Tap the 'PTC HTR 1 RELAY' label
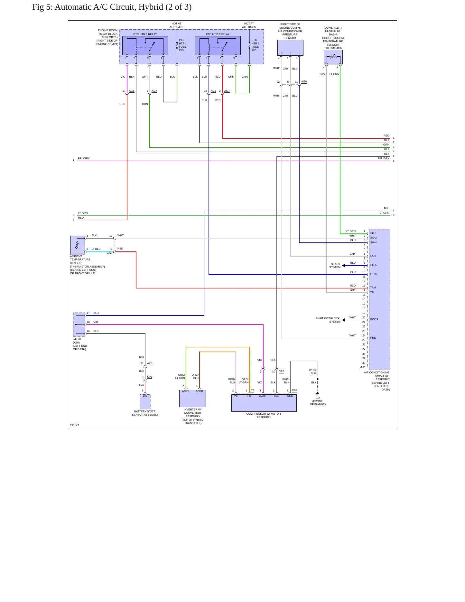pyautogui.click(x=145, y=34)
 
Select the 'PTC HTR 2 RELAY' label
pyautogui.click(x=218, y=34)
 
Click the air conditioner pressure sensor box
pyautogui.click(x=290, y=48)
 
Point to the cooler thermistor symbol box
pyautogui.click(x=333, y=57)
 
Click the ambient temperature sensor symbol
pyautogui.click(x=78, y=245)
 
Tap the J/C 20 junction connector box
pyautogui.click(x=79, y=325)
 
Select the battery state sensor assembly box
pyautogui.click(x=145, y=402)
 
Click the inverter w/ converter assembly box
pyautogui.click(x=192, y=399)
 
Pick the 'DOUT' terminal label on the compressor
pyautogui.click(x=263, y=396)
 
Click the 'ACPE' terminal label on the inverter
pyautogui.click(x=186, y=391)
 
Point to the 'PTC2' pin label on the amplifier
pyautogui.click(x=374, y=274)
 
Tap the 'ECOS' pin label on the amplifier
pyautogui.click(x=374, y=320)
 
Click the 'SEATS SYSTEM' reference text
pyautogui.click(x=335, y=266)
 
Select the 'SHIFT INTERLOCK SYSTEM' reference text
pyautogui.click(x=328, y=320)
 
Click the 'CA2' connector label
pyautogui.click(x=281, y=372)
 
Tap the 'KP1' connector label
pyautogui.click(x=150, y=377)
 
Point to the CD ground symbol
pyautogui.click(x=318, y=393)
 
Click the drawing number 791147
pyautogui.click(x=74, y=426)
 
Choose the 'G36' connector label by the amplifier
pyautogui.click(x=363, y=368)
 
